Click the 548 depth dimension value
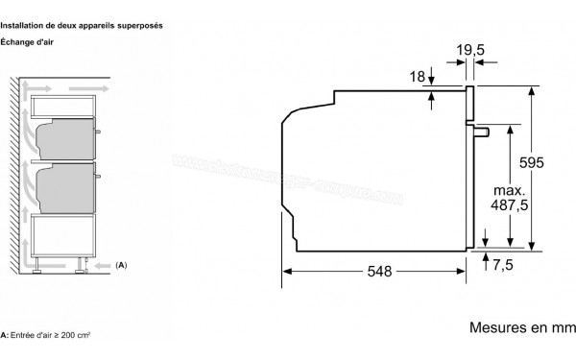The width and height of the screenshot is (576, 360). (379, 272)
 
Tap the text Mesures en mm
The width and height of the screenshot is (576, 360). (521, 327)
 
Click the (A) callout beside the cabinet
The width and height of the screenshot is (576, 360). (121, 263)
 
